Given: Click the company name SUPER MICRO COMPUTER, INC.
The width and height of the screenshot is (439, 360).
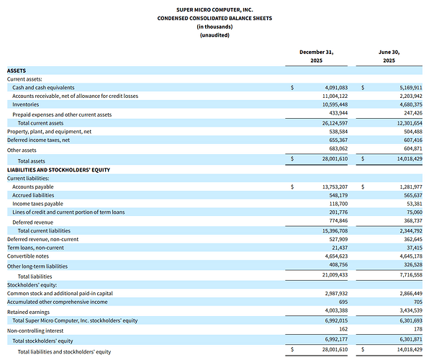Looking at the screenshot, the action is point(214,10).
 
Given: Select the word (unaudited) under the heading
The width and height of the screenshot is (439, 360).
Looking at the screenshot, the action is point(214,35).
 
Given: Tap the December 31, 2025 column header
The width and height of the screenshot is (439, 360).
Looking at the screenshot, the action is point(317,56).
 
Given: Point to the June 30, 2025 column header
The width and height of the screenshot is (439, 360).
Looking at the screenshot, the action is point(389,56).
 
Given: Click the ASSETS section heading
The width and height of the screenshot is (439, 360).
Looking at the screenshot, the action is point(17,71).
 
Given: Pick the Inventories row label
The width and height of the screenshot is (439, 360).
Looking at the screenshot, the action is point(25,104).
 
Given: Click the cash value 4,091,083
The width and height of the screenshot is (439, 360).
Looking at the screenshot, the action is point(336,88).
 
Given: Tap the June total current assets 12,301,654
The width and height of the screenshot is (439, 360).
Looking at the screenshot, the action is point(409,123).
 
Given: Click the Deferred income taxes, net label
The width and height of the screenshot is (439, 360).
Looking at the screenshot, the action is point(38,140).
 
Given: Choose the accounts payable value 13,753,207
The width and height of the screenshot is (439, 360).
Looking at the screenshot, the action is point(335,187).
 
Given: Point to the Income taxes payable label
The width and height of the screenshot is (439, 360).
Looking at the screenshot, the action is point(37,204).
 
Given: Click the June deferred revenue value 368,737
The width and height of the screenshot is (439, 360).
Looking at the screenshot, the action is point(413,221).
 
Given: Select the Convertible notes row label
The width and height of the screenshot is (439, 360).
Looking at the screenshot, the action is point(28,256).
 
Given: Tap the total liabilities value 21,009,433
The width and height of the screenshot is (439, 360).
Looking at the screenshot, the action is point(335,275).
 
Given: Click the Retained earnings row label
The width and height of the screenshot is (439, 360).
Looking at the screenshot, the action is point(28,312).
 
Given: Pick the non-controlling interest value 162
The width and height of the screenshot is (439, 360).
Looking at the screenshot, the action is point(343,329).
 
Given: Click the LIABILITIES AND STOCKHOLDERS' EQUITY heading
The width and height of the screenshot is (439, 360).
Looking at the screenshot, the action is point(58,170).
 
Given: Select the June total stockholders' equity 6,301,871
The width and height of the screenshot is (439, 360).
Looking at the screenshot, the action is point(411,339).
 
